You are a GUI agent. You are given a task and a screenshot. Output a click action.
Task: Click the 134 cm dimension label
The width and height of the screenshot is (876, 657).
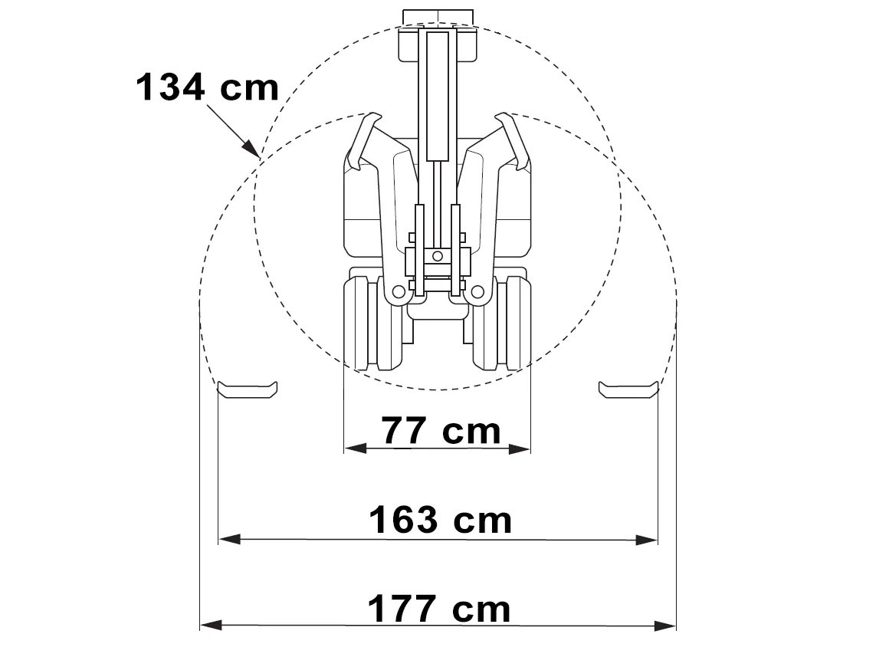(x=207, y=87)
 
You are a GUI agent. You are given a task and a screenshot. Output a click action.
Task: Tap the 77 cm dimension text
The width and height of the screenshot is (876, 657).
(x=441, y=431)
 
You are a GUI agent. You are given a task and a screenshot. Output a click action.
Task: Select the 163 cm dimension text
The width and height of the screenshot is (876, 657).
(x=440, y=520)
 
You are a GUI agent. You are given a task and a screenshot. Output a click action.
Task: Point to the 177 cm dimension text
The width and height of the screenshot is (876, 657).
(x=439, y=609)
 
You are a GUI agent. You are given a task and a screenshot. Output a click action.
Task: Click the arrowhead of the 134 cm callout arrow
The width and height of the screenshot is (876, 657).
(x=252, y=149)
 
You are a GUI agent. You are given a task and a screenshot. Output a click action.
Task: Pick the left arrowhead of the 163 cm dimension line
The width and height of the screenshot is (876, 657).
(x=230, y=539)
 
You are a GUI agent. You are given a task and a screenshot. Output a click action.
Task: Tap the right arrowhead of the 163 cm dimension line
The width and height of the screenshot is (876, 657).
(x=646, y=540)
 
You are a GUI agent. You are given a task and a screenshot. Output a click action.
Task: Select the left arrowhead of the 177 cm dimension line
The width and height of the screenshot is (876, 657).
(x=212, y=625)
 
